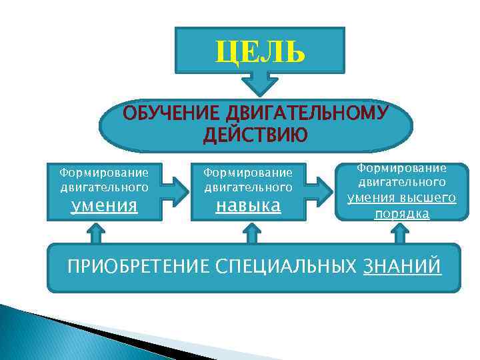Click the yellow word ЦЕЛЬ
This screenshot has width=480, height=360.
pos(260,51)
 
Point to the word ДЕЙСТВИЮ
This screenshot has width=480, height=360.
pos(255,135)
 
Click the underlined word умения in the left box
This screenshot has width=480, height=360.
pos(104,205)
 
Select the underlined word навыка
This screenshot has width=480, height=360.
pos(248,205)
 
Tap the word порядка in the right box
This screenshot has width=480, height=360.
pos(402,214)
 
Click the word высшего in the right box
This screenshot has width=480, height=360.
pos(431,198)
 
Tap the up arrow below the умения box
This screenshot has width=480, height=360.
pos(95,234)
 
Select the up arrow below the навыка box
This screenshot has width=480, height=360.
pos(251,234)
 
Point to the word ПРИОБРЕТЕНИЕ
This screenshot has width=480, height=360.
pos(139,267)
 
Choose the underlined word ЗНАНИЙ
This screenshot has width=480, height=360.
pos(402,267)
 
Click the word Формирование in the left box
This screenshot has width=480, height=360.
pos(104,173)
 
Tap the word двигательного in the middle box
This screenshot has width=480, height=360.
pos(248,187)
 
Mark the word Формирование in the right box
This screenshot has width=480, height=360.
pos(402,168)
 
